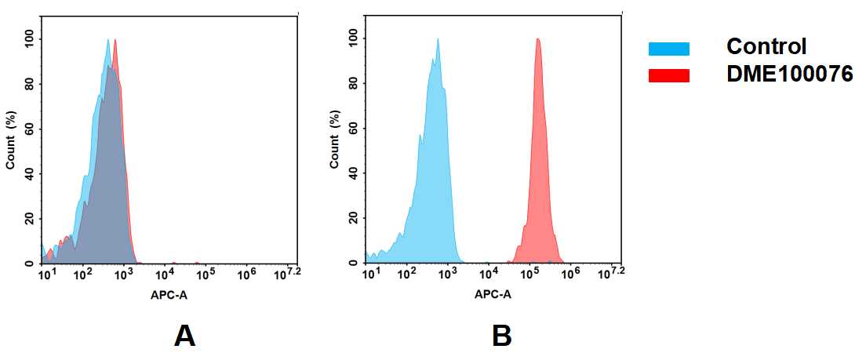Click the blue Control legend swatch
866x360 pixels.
tap(668, 49)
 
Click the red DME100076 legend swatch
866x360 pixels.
tap(668, 75)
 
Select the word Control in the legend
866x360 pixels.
tap(766, 46)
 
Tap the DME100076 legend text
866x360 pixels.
tap(789, 75)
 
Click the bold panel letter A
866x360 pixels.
tap(184, 336)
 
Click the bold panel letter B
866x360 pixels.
tap(502, 336)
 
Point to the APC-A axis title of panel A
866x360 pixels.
tap(168, 295)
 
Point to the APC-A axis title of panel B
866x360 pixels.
tap(492, 295)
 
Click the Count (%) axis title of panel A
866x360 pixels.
tap(11, 141)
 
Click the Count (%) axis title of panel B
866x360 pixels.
tap(335, 141)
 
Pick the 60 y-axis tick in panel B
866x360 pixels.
tap(354, 129)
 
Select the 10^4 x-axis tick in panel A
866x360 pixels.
tap(165, 275)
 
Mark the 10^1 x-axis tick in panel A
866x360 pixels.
tap(46, 275)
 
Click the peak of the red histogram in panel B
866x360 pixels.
tap(537, 40)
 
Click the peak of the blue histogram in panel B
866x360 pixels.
tap(438, 40)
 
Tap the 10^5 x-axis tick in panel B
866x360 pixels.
tap(530, 275)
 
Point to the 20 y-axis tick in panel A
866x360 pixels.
tap(30, 219)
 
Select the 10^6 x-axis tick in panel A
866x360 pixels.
tap(246, 275)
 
